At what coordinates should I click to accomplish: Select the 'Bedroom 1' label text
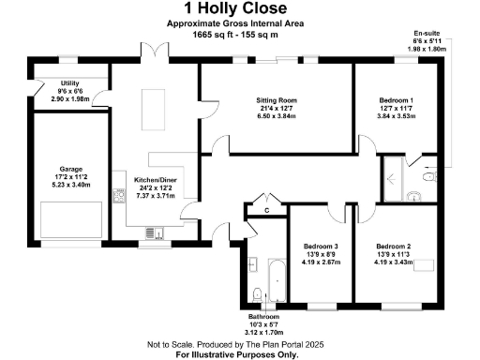tap(395, 99)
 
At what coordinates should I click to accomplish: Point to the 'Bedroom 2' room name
tap(395, 246)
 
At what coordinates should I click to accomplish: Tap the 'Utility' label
tap(69, 83)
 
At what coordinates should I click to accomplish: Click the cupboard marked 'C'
tap(267, 211)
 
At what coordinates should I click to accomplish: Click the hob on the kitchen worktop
tap(119, 196)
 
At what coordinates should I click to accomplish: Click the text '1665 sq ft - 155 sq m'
tap(222, 34)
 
